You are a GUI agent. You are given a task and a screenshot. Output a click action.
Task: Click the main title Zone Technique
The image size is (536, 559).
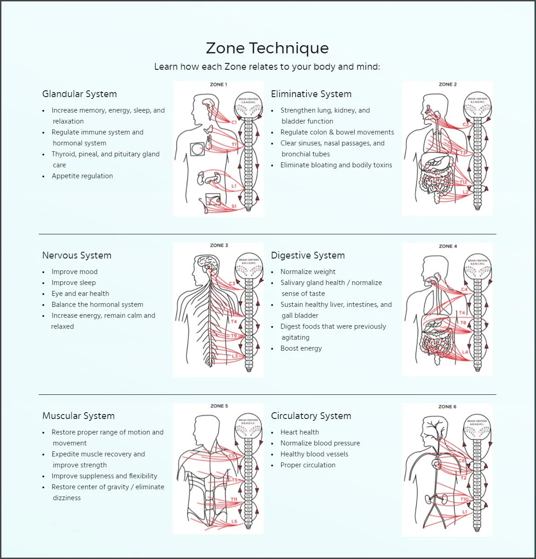pyautogui.click(x=267, y=48)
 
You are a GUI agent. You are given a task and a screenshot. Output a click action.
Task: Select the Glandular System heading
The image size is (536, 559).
pyautogui.click(x=79, y=94)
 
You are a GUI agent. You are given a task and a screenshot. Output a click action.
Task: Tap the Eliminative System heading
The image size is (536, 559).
pyautogui.click(x=311, y=94)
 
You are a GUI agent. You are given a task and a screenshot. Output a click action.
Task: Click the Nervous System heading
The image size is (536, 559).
pyautogui.click(x=77, y=255)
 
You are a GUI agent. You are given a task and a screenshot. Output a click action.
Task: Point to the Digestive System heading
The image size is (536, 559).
pyautogui.click(x=308, y=255)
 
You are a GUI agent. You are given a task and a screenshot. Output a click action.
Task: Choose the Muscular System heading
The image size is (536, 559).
pyautogui.click(x=78, y=416)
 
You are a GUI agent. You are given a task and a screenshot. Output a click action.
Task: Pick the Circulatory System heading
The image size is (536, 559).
pyautogui.click(x=311, y=416)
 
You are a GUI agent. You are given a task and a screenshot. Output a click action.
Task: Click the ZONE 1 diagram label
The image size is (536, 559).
pyautogui.click(x=218, y=84)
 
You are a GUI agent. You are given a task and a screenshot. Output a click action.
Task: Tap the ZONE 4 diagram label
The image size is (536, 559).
pyautogui.click(x=448, y=246)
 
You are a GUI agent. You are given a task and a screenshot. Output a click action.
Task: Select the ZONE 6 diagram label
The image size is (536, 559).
pyautogui.click(x=447, y=407)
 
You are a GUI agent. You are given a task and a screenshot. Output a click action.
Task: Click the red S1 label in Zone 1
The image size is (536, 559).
pyautogui.click(x=234, y=206)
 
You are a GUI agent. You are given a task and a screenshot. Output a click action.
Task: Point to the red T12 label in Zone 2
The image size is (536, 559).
pyautogui.click(x=463, y=182)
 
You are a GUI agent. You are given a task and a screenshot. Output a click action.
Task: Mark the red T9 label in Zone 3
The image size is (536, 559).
pyautogui.click(x=234, y=336)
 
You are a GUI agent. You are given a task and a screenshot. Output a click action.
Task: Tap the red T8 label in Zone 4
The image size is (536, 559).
pyautogui.click(x=463, y=323)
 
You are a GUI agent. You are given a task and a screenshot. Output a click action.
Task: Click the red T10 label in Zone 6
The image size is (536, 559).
pyautogui.click(x=464, y=499)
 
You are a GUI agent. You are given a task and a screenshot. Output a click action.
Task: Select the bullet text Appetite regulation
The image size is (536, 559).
pyautogui.click(x=82, y=176)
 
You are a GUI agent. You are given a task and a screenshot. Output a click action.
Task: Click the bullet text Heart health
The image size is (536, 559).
pyautogui.click(x=299, y=432)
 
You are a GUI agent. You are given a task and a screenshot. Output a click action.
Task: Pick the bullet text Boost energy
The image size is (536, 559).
pyautogui.click(x=301, y=348)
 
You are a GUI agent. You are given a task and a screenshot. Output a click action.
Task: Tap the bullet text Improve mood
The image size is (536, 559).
pyautogui.click(x=74, y=272)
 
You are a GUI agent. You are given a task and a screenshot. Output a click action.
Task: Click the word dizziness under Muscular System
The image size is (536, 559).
pyautogui.click(x=67, y=498)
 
